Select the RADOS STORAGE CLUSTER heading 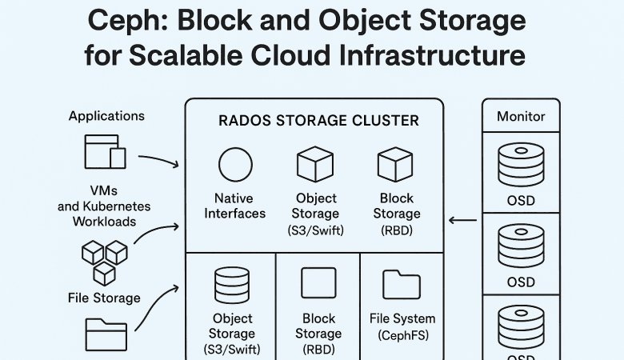click(318, 121)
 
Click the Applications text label click(106, 116)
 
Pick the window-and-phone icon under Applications click(105, 152)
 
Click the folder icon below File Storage click(106, 333)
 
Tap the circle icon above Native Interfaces click(234, 165)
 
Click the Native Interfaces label click(234, 206)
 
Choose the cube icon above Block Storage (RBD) click(395, 165)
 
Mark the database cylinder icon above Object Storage click(231, 285)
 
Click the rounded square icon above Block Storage click(318, 284)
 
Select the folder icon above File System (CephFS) click(402, 285)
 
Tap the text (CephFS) click(402, 334)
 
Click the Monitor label click(521, 116)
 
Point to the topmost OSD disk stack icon click(521, 164)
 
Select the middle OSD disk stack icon click(521, 246)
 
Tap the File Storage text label click(104, 298)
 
